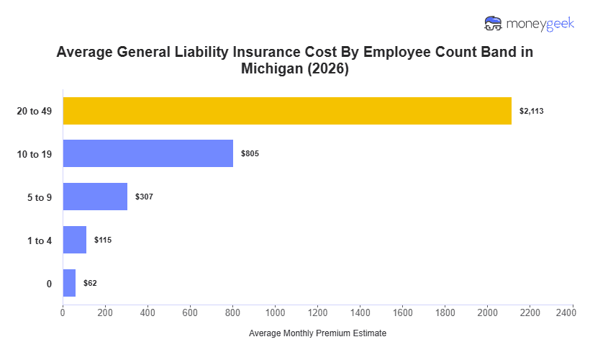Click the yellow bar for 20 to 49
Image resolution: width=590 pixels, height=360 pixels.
(x=287, y=111)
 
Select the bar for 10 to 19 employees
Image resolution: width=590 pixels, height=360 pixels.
(x=148, y=153)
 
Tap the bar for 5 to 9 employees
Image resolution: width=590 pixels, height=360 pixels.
(x=95, y=197)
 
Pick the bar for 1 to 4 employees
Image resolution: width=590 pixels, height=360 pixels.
(x=75, y=240)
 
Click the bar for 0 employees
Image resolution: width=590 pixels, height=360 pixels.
(x=69, y=283)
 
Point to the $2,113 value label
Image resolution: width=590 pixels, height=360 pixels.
(x=532, y=111)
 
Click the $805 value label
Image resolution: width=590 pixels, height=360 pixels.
(x=250, y=154)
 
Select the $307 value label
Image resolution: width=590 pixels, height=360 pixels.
(x=145, y=197)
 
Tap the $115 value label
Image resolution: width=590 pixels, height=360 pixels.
(x=103, y=240)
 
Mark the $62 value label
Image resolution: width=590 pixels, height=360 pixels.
(x=90, y=283)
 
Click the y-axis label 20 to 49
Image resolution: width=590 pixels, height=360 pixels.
(x=35, y=111)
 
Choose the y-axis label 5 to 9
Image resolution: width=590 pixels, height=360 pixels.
(x=39, y=197)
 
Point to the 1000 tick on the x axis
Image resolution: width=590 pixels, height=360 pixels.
(x=275, y=312)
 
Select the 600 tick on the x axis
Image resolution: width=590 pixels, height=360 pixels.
(x=190, y=312)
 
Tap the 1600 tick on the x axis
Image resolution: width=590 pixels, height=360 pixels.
(x=403, y=312)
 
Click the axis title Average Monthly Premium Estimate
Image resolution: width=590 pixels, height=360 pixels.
(x=317, y=334)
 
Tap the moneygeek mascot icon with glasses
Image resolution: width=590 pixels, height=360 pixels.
(x=494, y=24)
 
